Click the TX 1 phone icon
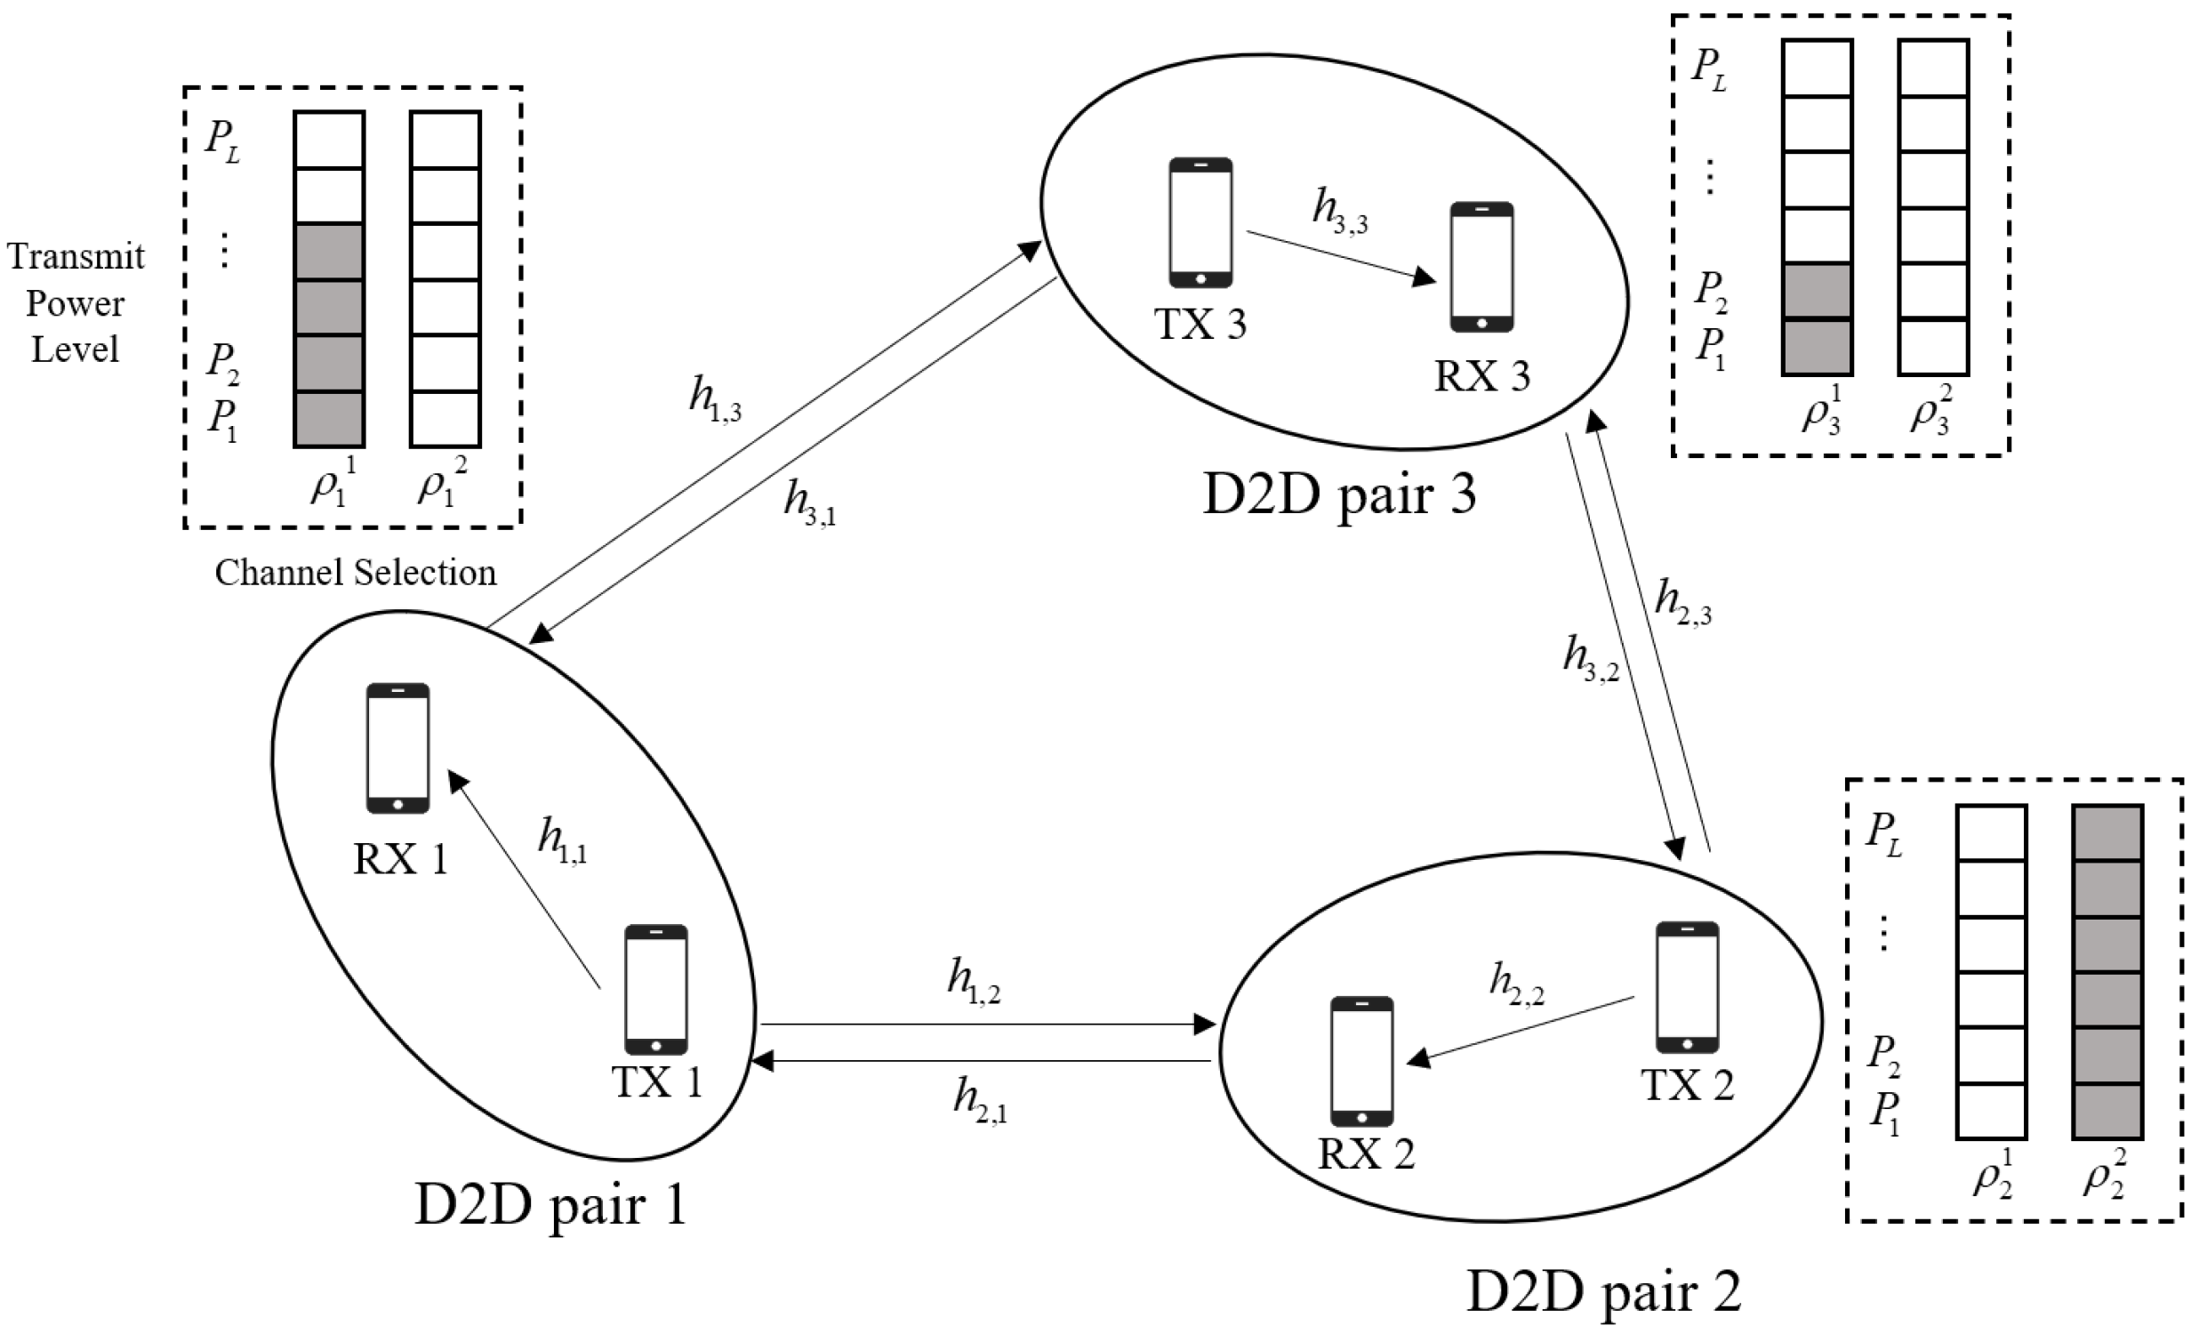pyautogui.click(x=655, y=990)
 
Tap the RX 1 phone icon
pyautogui.click(x=397, y=748)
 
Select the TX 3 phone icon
pyautogui.click(x=1200, y=222)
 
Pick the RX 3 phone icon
pyautogui.click(x=1481, y=267)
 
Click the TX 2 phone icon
pyautogui.click(x=1687, y=987)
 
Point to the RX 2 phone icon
pyautogui.click(x=1361, y=1061)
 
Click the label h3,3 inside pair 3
pyautogui.click(x=1340, y=211)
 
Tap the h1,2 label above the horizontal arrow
pyautogui.click(x=974, y=981)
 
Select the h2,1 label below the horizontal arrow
pyautogui.click(x=980, y=1099)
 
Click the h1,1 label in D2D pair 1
pyautogui.click(x=562, y=840)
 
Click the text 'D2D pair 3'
pyautogui.click(x=1339, y=494)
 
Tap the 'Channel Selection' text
pyautogui.click(x=356, y=573)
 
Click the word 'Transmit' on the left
pyautogui.click(x=76, y=256)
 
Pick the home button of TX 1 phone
pyautogui.click(x=656, y=1046)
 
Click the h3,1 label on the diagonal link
pyautogui.click(x=809, y=502)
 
